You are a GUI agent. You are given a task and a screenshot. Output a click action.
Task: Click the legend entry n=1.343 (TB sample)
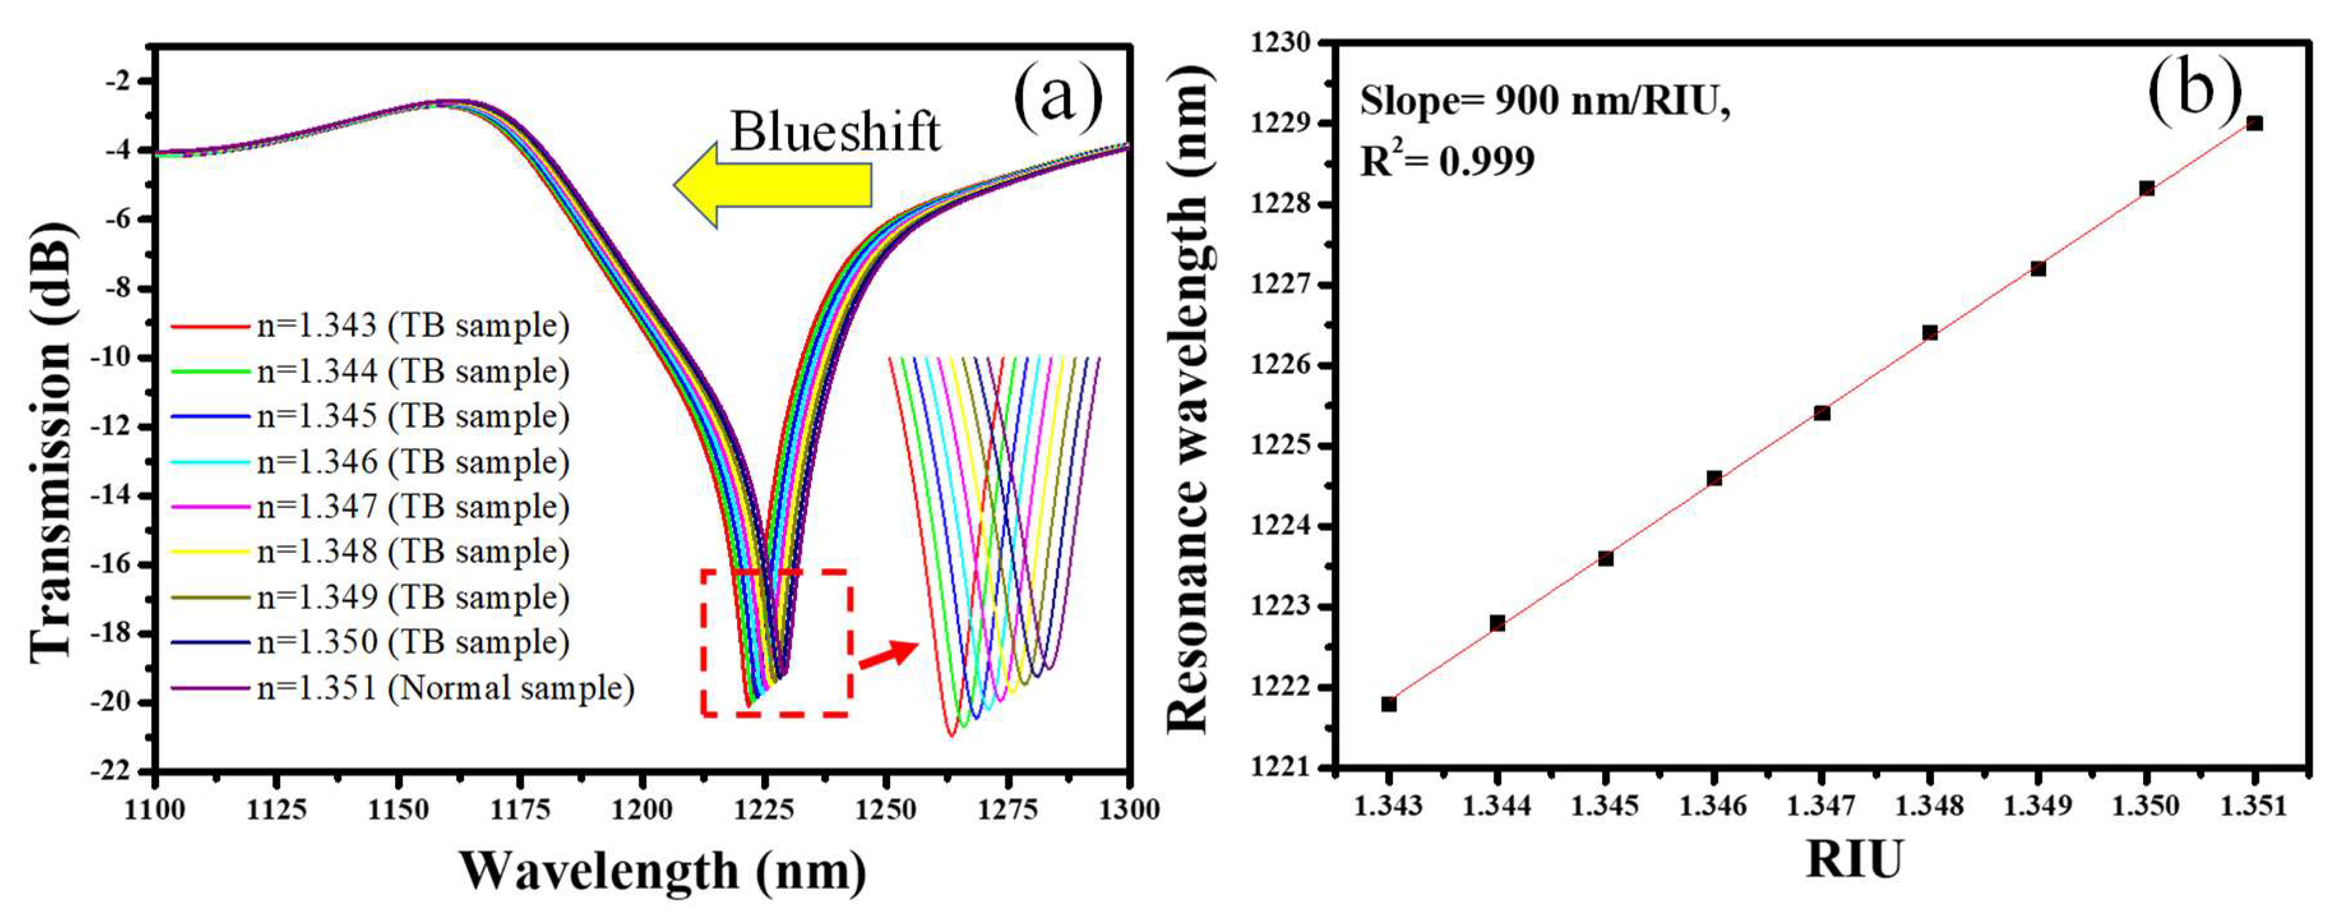pos(369,326)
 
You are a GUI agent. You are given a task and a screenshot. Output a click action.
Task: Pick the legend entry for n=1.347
pos(369,506)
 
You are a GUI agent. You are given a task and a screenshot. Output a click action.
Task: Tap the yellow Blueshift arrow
pos(773,184)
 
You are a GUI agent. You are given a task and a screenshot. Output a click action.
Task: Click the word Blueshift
pos(834,132)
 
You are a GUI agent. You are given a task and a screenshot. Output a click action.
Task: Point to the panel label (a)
pos(1058,95)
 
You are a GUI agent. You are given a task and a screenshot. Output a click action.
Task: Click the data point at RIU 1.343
pos(1389,703)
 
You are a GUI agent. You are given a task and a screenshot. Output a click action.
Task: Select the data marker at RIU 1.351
pos(2254,123)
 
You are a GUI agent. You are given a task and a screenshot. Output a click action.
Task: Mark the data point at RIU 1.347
pos(1822,413)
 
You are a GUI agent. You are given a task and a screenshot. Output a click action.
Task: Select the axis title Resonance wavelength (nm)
pos(1190,402)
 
